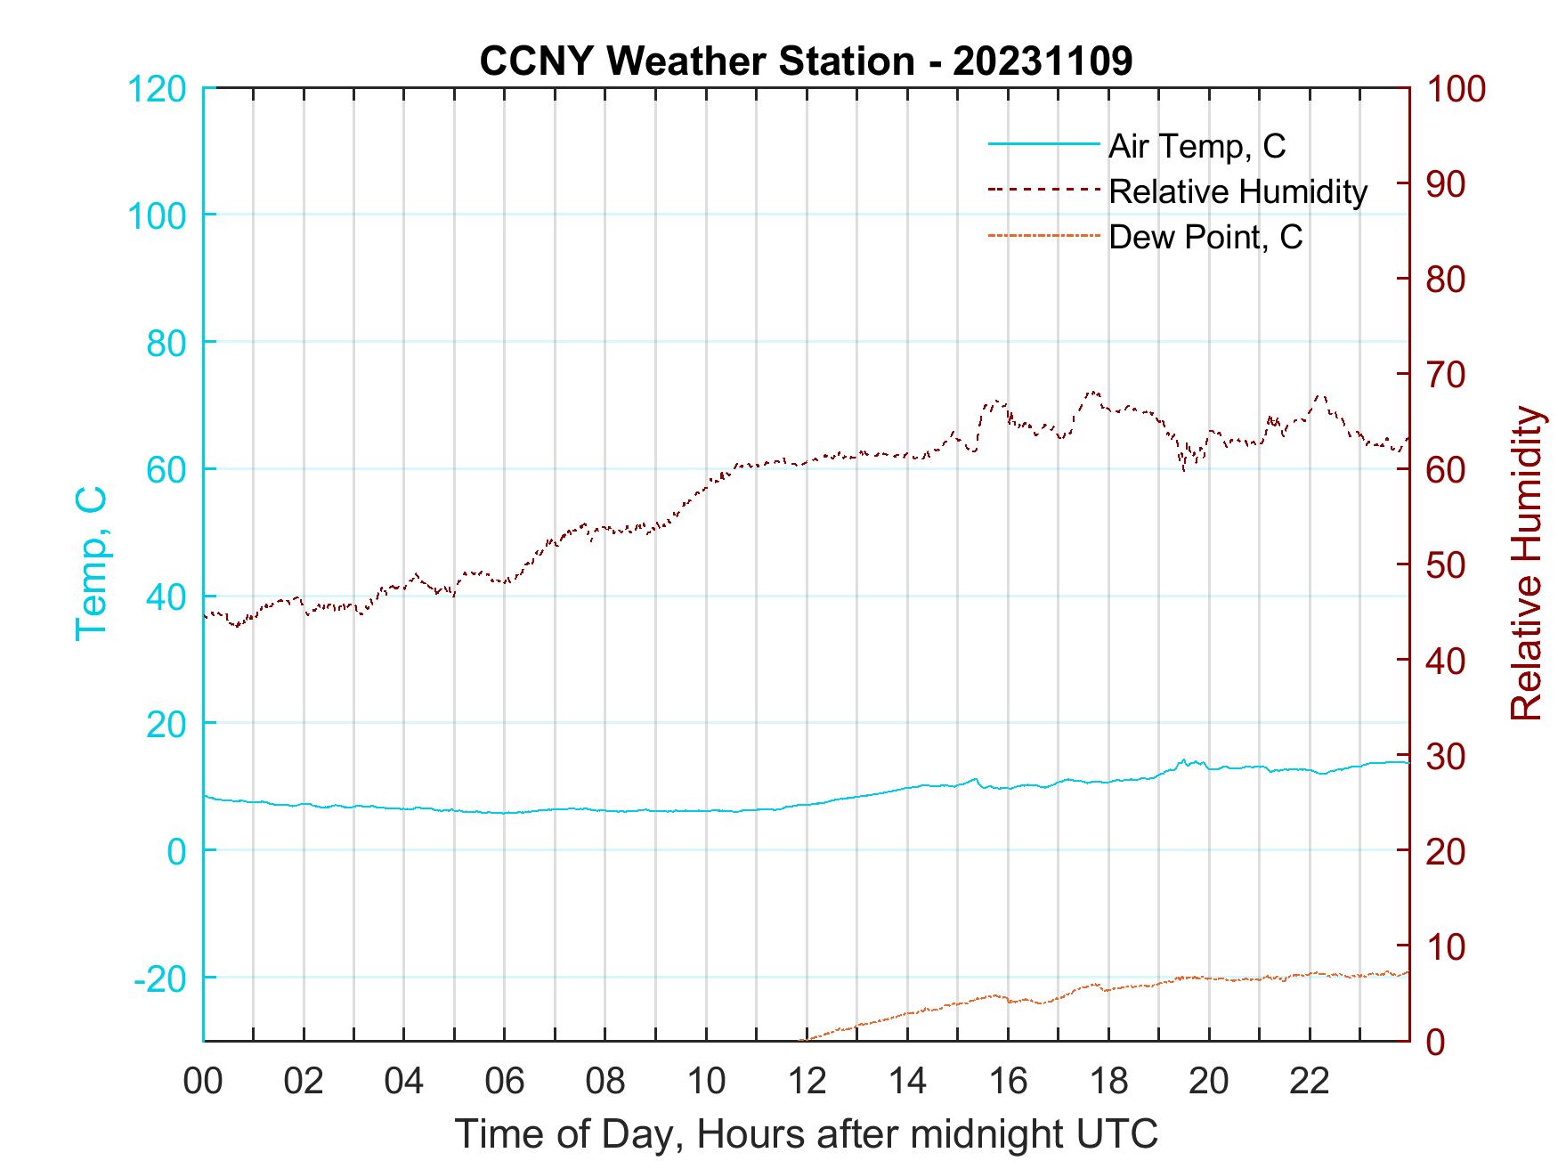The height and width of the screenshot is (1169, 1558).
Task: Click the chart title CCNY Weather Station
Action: click(806, 61)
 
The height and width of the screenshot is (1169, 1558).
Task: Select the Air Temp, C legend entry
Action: click(1197, 146)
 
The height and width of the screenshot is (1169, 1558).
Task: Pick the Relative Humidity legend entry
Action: click(1237, 191)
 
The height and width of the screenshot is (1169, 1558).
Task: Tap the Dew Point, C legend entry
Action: click(1205, 237)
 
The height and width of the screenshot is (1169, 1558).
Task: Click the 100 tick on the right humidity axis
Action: click(1456, 89)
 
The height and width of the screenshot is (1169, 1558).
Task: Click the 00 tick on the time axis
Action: click(203, 1082)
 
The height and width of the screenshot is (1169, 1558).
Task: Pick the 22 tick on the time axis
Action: click(1310, 1082)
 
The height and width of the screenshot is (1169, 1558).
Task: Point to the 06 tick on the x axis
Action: click(505, 1082)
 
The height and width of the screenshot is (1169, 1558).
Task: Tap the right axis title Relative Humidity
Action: click(1526, 563)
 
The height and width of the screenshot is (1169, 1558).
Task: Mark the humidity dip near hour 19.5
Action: click(1183, 468)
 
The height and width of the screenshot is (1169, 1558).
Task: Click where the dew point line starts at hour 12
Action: click(803, 1039)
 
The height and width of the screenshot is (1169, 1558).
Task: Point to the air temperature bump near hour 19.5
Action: click(1183, 761)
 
